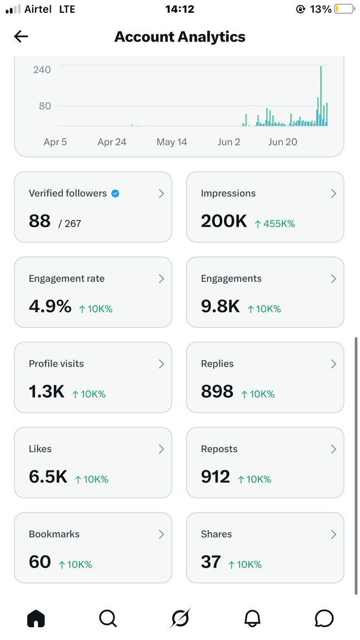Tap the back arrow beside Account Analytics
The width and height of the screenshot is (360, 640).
tap(21, 36)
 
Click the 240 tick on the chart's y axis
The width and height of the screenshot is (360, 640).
tap(42, 70)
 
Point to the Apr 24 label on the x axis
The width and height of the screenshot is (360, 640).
tap(112, 142)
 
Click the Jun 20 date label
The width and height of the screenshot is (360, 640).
tap(283, 142)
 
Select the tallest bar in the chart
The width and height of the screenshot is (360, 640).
tap(321, 96)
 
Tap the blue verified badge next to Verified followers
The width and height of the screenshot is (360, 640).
tap(115, 194)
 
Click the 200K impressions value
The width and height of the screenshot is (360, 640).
tap(223, 221)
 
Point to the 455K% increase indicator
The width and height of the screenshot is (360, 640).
tap(275, 223)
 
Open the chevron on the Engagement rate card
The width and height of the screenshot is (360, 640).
tap(162, 278)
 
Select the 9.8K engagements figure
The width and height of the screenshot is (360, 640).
tap(220, 306)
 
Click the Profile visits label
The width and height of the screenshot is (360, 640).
tap(57, 364)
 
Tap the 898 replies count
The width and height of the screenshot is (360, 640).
tap(217, 391)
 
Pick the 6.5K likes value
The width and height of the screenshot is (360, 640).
tap(48, 476)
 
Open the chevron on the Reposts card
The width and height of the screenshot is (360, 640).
tap(333, 449)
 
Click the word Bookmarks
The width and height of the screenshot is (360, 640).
tap(54, 534)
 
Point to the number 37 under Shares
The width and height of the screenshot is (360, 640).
tap(211, 562)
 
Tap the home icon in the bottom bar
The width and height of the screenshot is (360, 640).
tap(36, 619)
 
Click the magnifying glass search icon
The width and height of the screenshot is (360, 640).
tap(108, 619)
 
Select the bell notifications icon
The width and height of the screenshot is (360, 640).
tap(252, 619)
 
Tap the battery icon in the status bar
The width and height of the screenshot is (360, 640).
tap(345, 9)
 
